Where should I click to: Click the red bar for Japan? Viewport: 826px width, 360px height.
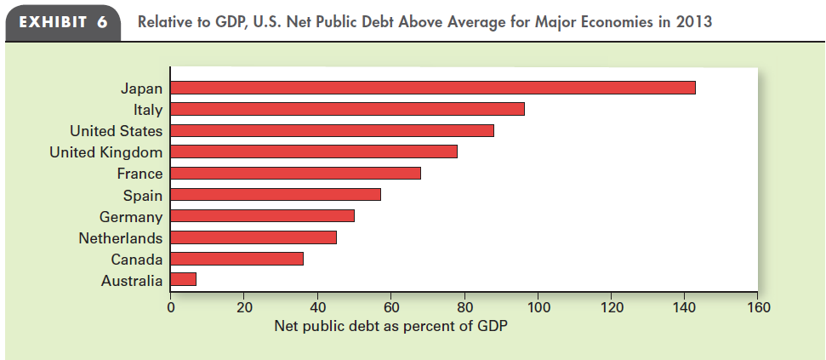[433, 88]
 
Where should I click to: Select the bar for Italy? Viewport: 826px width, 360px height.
[347, 109]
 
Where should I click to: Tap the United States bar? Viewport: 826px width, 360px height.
[332, 130]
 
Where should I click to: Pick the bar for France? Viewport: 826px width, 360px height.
[295, 174]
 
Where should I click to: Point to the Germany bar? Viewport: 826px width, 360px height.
[262, 216]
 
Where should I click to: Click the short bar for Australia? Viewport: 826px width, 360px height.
[184, 279]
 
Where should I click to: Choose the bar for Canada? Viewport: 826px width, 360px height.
[236, 259]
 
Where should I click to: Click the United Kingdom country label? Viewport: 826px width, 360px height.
[105, 151]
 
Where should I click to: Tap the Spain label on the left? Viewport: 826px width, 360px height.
[142, 195]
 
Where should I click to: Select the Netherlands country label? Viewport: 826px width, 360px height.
[120, 237]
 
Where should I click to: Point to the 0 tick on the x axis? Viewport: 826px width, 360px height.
[170, 307]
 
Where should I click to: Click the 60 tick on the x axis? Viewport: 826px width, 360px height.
[391, 307]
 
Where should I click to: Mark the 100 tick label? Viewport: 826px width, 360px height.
[538, 307]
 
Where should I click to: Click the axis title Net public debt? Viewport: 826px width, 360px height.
[390, 326]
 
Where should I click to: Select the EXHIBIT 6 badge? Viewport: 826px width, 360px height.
[64, 21]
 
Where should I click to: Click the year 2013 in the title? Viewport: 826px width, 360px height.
[695, 21]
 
